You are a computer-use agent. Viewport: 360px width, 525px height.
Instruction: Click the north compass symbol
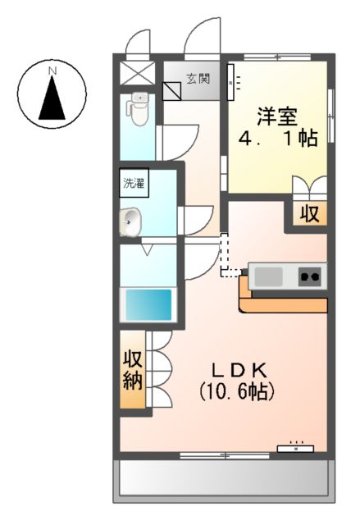[x=52, y=97]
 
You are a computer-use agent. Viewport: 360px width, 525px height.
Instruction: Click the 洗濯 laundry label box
[x=133, y=182]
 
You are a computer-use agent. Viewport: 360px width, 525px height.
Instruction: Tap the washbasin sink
[x=130, y=220]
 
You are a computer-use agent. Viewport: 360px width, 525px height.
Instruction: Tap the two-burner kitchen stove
[x=309, y=276]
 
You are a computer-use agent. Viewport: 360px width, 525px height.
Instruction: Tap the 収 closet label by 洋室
[x=308, y=214]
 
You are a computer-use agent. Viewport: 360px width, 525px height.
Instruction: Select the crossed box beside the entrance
[x=133, y=71]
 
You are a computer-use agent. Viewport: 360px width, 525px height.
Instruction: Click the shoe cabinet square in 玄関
[x=174, y=89]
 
